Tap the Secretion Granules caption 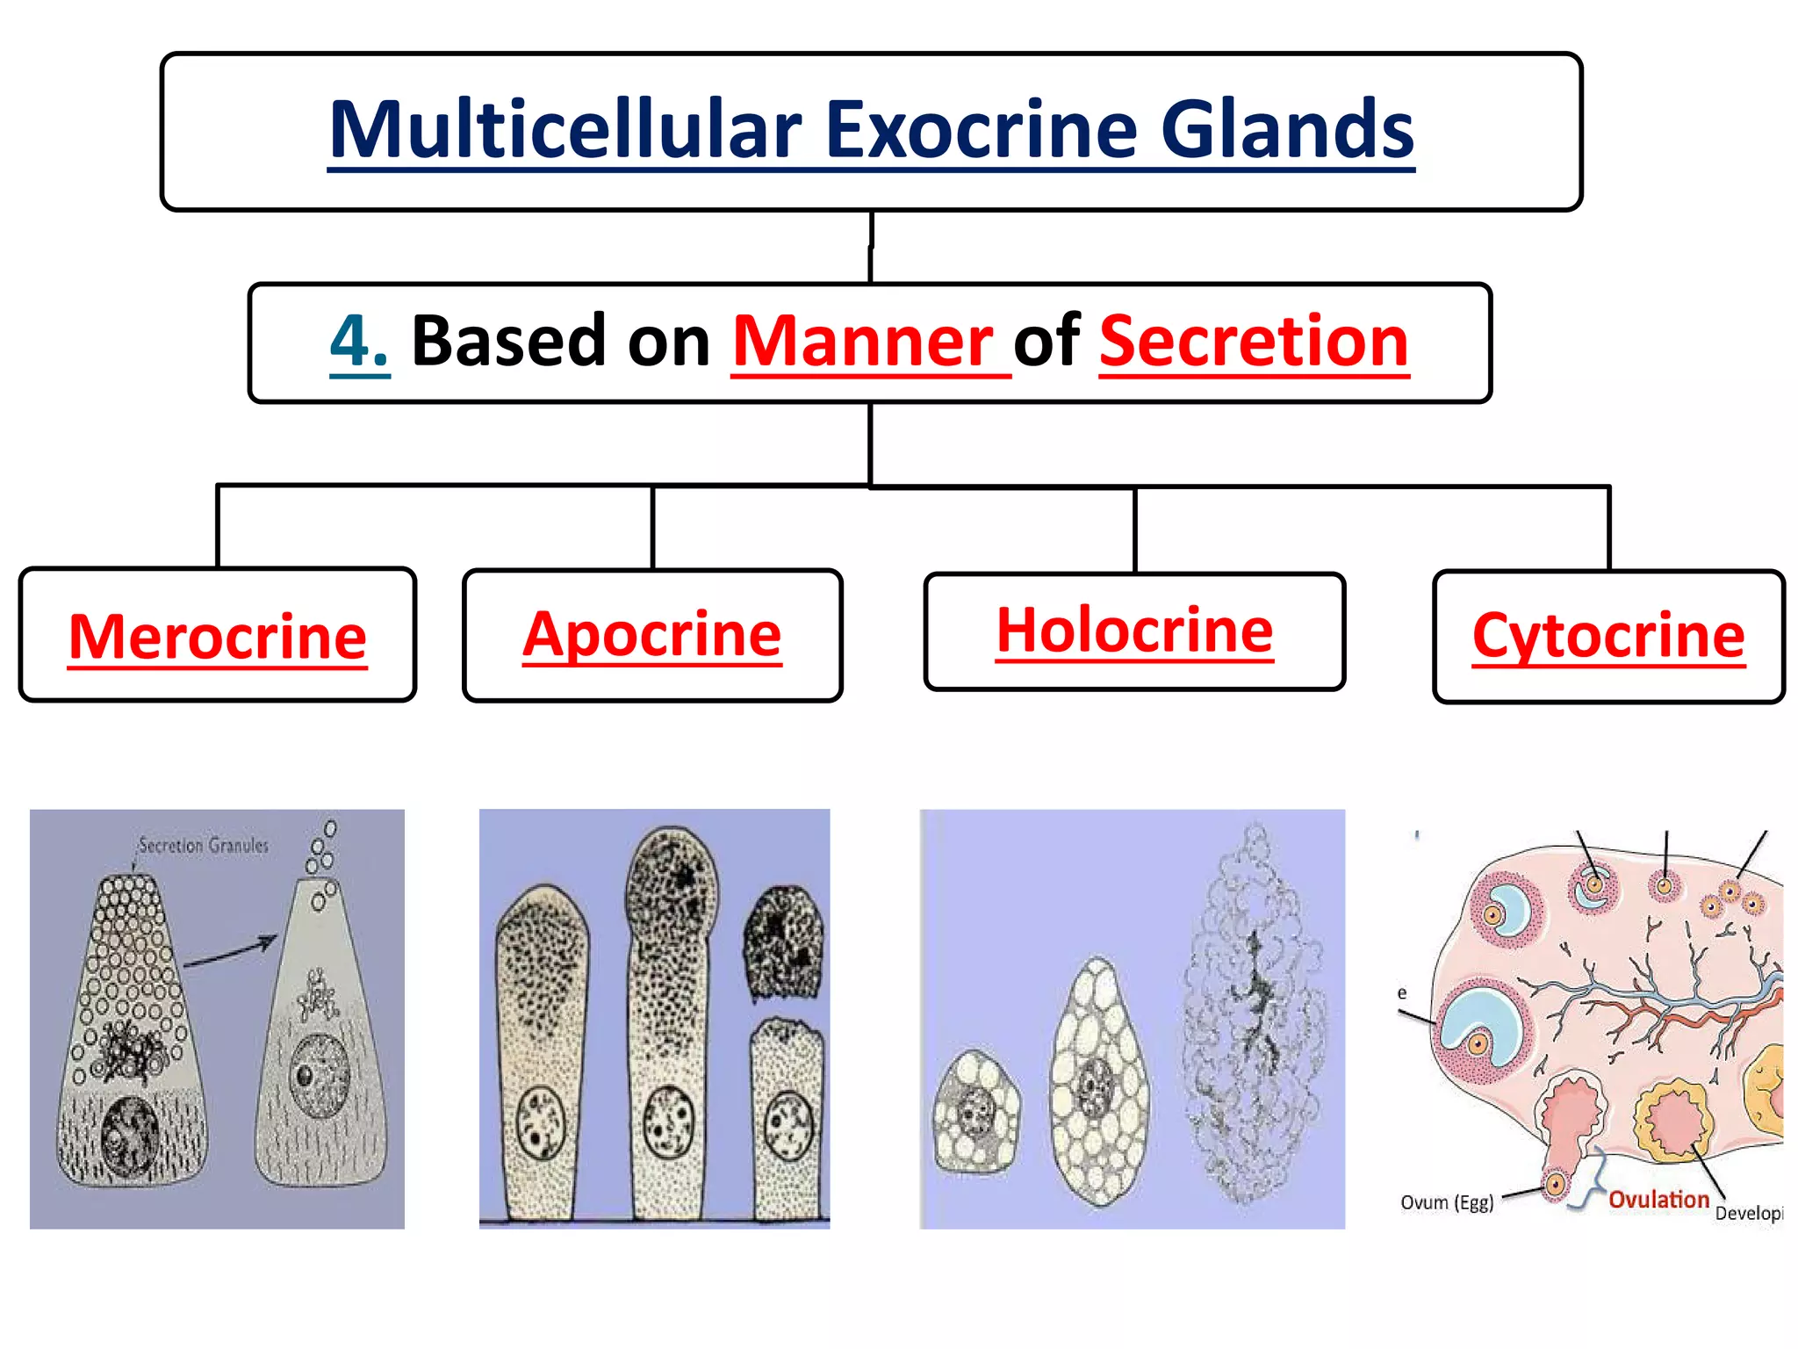tap(204, 845)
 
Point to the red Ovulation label tap(1658, 1200)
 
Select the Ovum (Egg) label tap(1447, 1202)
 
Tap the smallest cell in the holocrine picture tap(976, 1112)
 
